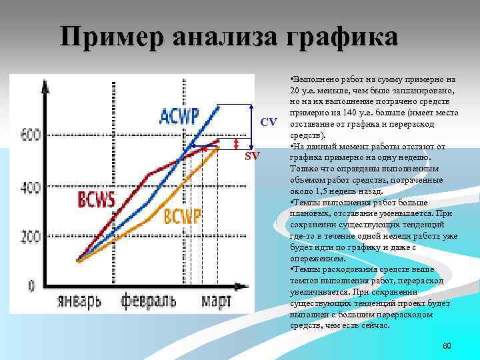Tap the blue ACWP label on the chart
pyautogui.click(x=179, y=115)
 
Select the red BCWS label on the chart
pyautogui.click(x=97, y=199)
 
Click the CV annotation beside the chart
pyautogui.click(x=269, y=122)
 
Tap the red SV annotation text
pyautogui.click(x=252, y=156)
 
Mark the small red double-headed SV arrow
pyautogui.click(x=235, y=146)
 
